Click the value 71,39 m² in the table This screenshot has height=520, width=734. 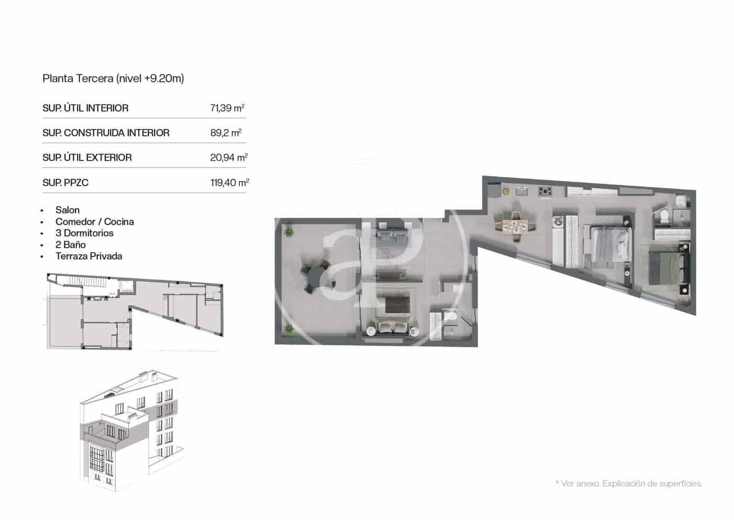pyautogui.click(x=227, y=108)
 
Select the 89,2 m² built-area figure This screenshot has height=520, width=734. pyautogui.click(x=225, y=133)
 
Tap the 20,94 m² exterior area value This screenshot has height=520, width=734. pyautogui.click(x=229, y=157)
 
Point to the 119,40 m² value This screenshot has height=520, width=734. pyautogui.click(x=229, y=183)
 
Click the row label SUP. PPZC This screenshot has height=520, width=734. pyautogui.click(x=66, y=183)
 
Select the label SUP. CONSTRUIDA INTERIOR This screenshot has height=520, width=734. pyautogui.click(x=106, y=133)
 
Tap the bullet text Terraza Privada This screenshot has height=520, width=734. pyautogui.click(x=89, y=256)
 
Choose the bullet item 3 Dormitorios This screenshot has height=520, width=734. pyautogui.click(x=84, y=233)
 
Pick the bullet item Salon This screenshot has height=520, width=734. pyautogui.click(x=68, y=210)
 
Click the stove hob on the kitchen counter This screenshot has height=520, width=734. pyautogui.click(x=545, y=192)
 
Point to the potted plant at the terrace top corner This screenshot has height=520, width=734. pyautogui.click(x=288, y=230)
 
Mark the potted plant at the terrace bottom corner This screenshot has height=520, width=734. pyautogui.click(x=288, y=329)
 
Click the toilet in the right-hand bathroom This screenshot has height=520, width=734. pyautogui.click(x=663, y=216)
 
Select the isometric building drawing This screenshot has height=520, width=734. pyautogui.click(x=131, y=428)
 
